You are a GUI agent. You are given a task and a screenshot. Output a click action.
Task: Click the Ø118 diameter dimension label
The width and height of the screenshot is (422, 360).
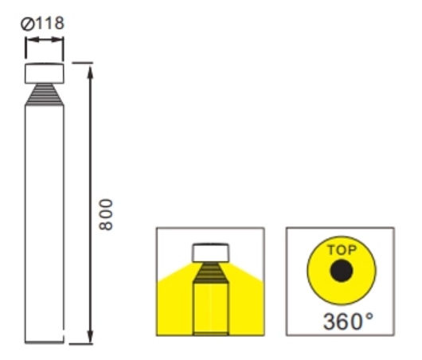pos(45,24)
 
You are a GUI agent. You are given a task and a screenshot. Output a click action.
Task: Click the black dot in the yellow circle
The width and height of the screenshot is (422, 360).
pos(342,272)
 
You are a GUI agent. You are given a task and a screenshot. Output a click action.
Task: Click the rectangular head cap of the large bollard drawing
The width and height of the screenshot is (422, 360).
pos(45,73)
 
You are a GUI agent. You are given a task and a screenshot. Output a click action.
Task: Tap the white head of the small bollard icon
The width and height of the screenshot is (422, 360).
pos(210,253)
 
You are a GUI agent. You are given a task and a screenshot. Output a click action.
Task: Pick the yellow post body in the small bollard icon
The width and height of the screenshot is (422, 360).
pos(210,311)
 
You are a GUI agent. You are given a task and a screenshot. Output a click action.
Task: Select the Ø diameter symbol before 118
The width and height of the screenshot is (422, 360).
pos(29,24)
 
